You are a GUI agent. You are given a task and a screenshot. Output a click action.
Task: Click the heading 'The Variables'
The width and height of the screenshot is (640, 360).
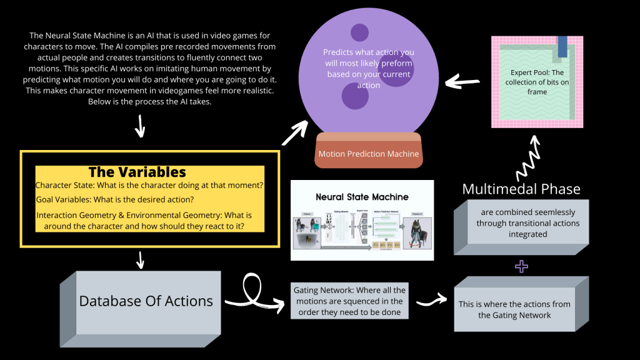(x=137, y=172)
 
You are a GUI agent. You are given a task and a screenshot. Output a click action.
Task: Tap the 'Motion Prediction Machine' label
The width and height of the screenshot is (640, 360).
(x=369, y=154)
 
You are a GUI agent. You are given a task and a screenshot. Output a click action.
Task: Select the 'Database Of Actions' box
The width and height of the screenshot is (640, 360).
(x=146, y=301)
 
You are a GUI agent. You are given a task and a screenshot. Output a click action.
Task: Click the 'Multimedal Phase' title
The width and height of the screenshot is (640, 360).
(x=521, y=189)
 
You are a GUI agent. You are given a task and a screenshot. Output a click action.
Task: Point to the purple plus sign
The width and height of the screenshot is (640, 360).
(x=521, y=267)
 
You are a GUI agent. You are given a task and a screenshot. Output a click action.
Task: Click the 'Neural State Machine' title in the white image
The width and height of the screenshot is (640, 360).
(x=362, y=197)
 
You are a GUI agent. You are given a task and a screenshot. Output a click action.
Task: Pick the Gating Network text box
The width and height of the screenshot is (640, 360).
(x=349, y=301)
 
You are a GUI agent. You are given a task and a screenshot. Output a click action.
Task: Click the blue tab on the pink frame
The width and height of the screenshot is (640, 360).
(x=562, y=46)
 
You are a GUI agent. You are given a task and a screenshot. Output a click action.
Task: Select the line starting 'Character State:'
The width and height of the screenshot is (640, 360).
(x=149, y=186)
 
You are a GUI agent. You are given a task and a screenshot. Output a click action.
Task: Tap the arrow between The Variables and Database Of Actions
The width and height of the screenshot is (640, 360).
(x=140, y=259)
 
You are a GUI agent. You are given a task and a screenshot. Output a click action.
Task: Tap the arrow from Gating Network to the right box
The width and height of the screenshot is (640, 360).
(x=431, y=301)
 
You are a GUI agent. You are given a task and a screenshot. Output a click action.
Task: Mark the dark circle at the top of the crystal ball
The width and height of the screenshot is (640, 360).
(x=359, y=32)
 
